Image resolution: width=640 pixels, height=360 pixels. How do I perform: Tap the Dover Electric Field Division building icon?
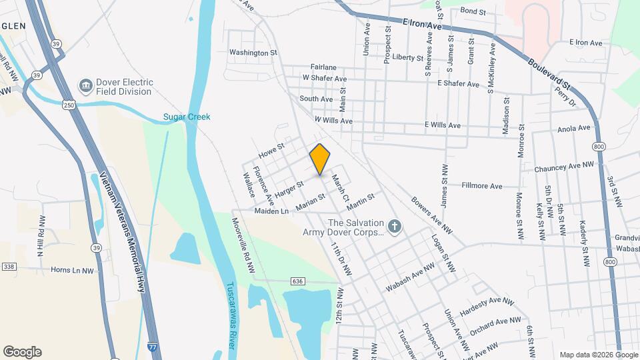coord(86,86)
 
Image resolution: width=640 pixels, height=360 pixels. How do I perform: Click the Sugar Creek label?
coord(187,117)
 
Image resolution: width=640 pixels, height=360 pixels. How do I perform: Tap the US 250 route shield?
coord(69,105)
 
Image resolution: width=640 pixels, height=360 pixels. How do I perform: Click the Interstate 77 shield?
coord(152,347)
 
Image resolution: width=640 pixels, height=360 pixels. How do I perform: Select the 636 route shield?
coord(297,281)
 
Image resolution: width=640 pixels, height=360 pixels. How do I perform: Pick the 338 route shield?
coord(9,267)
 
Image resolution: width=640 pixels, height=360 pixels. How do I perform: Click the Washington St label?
coord(253,52)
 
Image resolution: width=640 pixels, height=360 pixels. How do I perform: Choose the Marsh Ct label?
coord(341,189)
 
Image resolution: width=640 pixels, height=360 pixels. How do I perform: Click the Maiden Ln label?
coord(271,211)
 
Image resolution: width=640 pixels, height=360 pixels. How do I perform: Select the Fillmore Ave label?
coord(482,186)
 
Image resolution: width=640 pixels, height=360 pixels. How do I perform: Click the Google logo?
coord(22,352)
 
